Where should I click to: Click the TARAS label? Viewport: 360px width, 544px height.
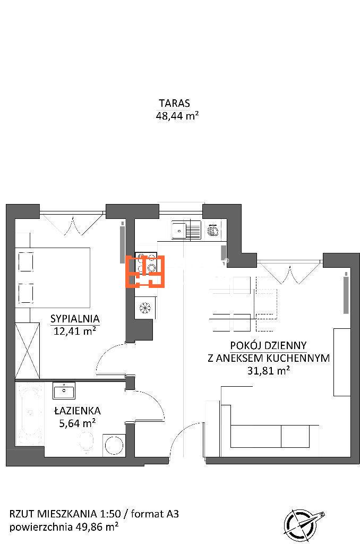[x=175, y=103]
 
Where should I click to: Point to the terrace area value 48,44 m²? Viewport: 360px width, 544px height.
[x=177, y=115]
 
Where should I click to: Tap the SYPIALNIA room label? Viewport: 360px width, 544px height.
[x=75, y=319]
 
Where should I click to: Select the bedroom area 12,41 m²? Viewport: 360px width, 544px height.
[x=75, y=331]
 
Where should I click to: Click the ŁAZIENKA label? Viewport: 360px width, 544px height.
[x=78, y=411]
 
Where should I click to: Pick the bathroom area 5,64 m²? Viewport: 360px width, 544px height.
[x=78, y=423]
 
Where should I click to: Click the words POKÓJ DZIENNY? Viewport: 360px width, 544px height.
[x=269, y=345]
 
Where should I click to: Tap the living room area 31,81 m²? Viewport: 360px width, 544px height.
[x=269, y=370]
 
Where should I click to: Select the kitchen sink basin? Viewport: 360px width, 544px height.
[x=179, y=230]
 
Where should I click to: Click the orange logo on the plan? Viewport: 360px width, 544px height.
[x=144, y=271]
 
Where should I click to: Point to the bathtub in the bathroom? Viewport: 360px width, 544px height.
[x=30, y=413]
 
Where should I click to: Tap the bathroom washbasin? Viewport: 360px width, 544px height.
[x=64, y=390]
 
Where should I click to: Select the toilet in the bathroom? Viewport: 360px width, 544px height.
[x=87, y=443]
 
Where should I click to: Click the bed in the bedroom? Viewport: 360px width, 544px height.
[x=53, y=276]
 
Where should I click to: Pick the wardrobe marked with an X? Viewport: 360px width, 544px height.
[x=28, y=351]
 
